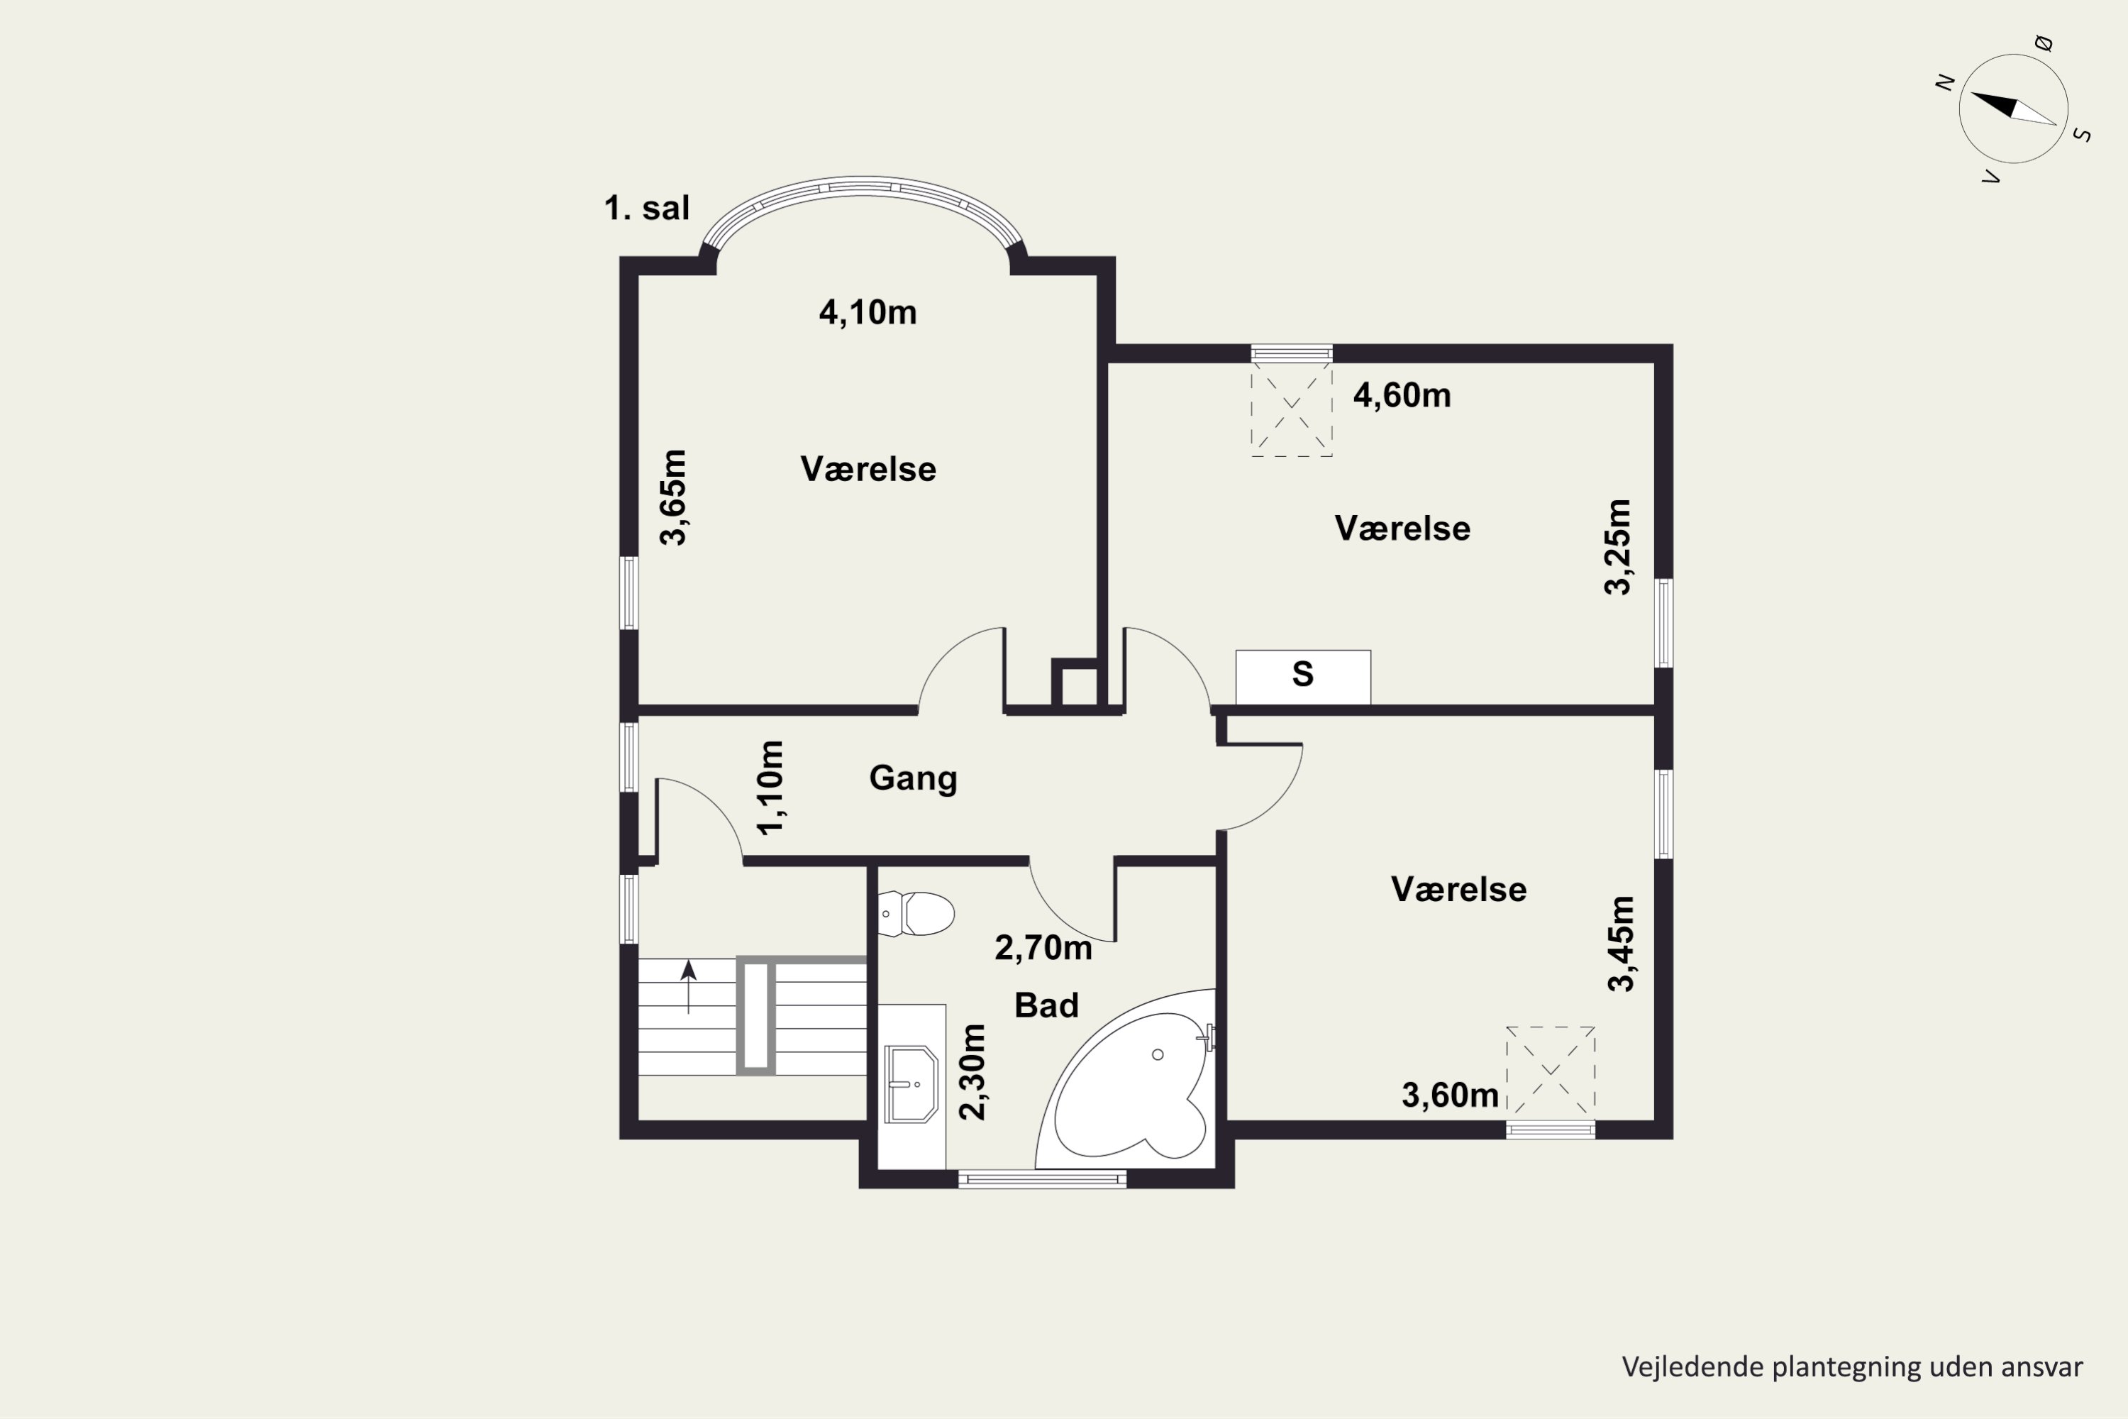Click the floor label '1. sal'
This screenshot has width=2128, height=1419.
click(x=646, y=208)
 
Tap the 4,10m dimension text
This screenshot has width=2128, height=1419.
click(x=868, y=312)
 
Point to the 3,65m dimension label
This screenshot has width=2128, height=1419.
click(x=673, y=497)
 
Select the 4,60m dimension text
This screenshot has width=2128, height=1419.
click(x=1402, y=395)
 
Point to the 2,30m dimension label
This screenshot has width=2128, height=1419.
click(x=972, y=1071)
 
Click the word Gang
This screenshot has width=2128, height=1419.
click(x=913, y=778)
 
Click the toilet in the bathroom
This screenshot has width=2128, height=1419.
click(x=916, y=913)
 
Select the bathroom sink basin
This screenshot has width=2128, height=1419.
click(x=910, y=1083)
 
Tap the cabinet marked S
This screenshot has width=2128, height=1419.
click(x=1303, y=676)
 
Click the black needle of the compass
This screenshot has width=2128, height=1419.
click(x=1995, y=105)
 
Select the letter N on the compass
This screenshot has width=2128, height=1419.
click(x=1944, y=82)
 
